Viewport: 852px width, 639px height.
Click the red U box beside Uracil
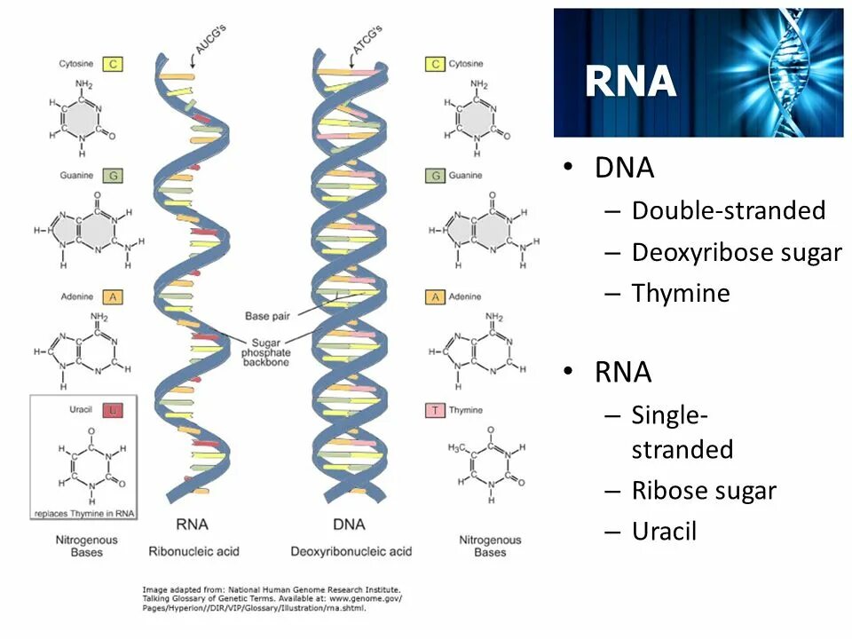[x=113, y=410]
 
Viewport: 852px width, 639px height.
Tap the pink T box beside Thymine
[x=435, y=410]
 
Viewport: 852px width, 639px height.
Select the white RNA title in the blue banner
[x=631, y=82]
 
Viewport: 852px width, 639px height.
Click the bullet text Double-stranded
[x=728, y=210]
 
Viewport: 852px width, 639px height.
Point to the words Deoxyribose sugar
[x=736, y=252]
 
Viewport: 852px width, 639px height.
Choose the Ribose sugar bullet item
[x=703, y=490]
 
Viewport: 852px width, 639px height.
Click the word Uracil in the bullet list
[x=664, y=531]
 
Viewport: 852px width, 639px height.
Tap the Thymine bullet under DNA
[x=680, y=293]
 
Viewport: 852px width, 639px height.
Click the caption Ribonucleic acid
[x=193, y=551]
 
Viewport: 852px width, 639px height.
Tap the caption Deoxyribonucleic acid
[x=351, y=551]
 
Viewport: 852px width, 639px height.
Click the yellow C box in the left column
[x=113, y=64]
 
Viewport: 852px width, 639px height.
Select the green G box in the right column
[x=435, y=176]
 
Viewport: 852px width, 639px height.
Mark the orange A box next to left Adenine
[x=113, y=296]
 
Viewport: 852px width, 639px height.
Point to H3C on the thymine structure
[x=458, y=446]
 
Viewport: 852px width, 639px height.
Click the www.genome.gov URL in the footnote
[x=365, y=598]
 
